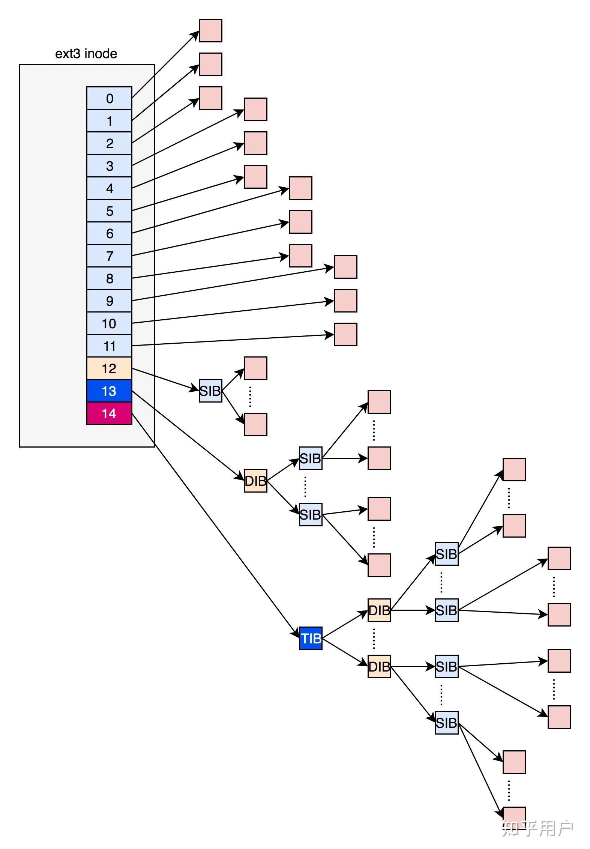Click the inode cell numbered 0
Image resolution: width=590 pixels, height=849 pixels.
point(109,98)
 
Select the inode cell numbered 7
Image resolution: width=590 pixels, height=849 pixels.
point(109,256)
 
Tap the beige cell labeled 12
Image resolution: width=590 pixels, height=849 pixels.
point(109,368)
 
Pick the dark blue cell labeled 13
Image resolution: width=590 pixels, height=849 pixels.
point(109,391)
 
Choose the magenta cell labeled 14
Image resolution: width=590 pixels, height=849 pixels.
point(109,413)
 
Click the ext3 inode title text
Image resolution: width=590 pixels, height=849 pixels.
point(86,54)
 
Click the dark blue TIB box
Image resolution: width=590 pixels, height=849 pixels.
point(311,638)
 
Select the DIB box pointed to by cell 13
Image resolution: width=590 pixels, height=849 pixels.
point(255,481)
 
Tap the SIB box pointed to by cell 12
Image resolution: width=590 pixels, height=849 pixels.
point(210,391)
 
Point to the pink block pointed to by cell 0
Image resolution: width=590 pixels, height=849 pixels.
point(210,30)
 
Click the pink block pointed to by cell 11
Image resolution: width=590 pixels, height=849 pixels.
point(345,334)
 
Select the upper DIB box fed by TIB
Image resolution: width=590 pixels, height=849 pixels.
point(379,610)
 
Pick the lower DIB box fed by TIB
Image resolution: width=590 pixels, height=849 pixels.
point(379,667)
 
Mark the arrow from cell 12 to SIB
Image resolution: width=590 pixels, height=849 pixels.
point(165,379)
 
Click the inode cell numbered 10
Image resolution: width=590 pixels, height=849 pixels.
point(109,323)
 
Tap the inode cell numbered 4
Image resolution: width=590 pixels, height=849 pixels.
point(109,188)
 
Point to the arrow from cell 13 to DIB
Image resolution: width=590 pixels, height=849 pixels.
point(188,435)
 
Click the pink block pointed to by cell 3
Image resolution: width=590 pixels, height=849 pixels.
point(255,110)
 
